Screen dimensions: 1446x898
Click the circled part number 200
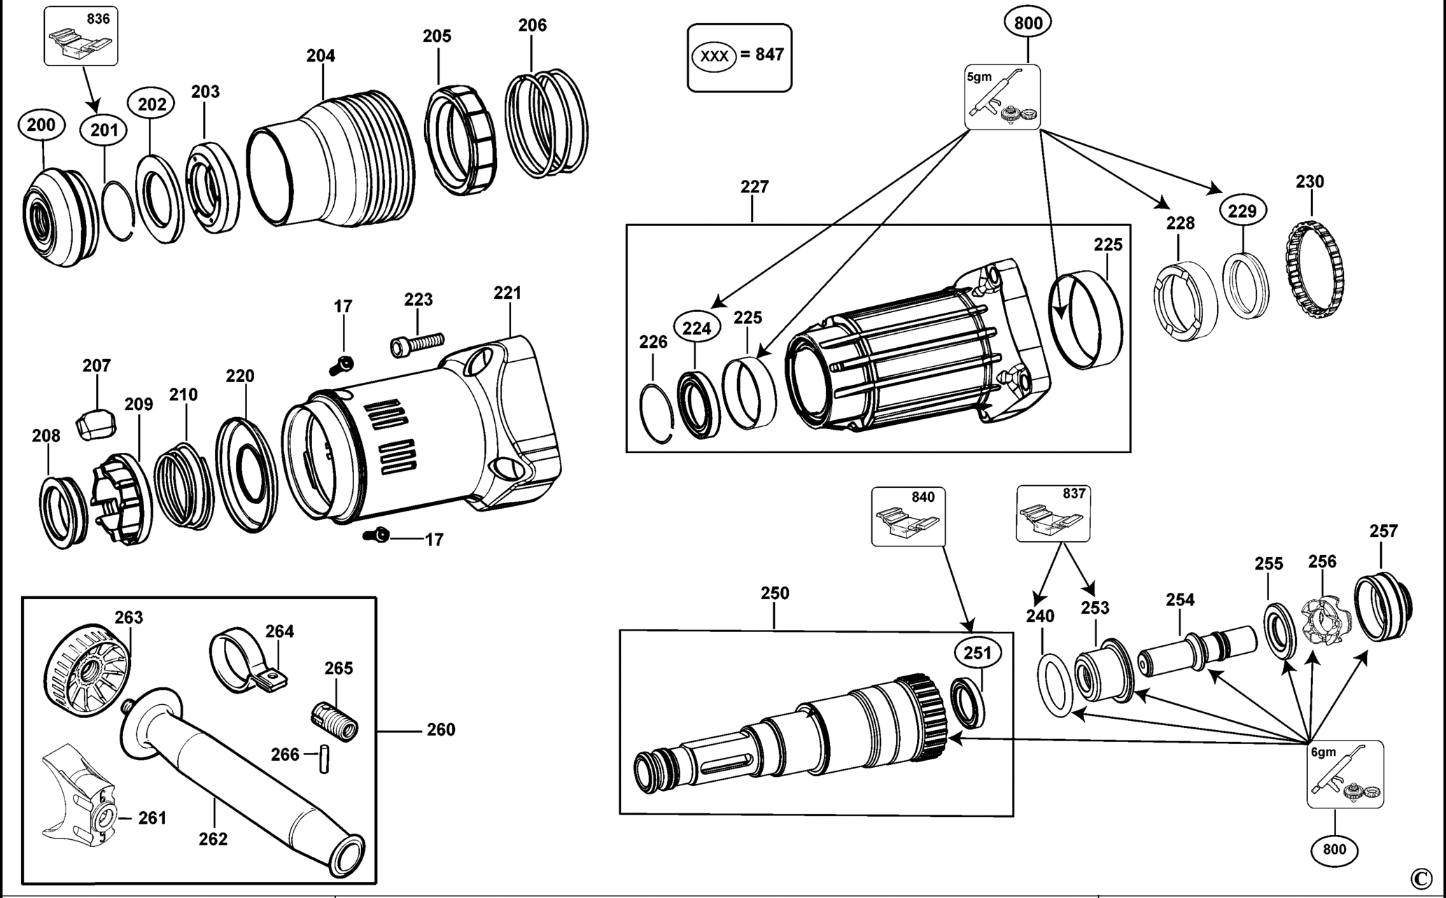pos(41,125)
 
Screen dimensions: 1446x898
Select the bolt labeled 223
pos(417,344)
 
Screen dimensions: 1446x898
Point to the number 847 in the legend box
pos(770,55)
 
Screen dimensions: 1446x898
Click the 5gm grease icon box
pos(1002,97)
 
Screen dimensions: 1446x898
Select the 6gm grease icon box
pos(1345,774)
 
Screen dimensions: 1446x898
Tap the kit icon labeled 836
pos(81,36)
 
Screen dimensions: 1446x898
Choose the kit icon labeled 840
pos(908,517)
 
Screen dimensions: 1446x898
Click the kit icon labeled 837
pos(1053,514)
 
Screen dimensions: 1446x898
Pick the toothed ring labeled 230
pos(1316,269)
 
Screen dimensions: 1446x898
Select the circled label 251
pos(977,653)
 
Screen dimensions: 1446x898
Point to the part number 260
pos(441,730)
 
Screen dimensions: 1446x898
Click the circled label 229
pos(1242,211)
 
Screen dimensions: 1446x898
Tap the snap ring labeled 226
pos(657,413)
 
